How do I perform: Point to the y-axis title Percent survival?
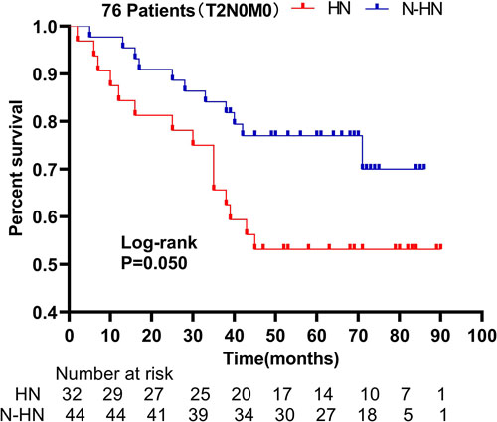click(17, 168)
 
